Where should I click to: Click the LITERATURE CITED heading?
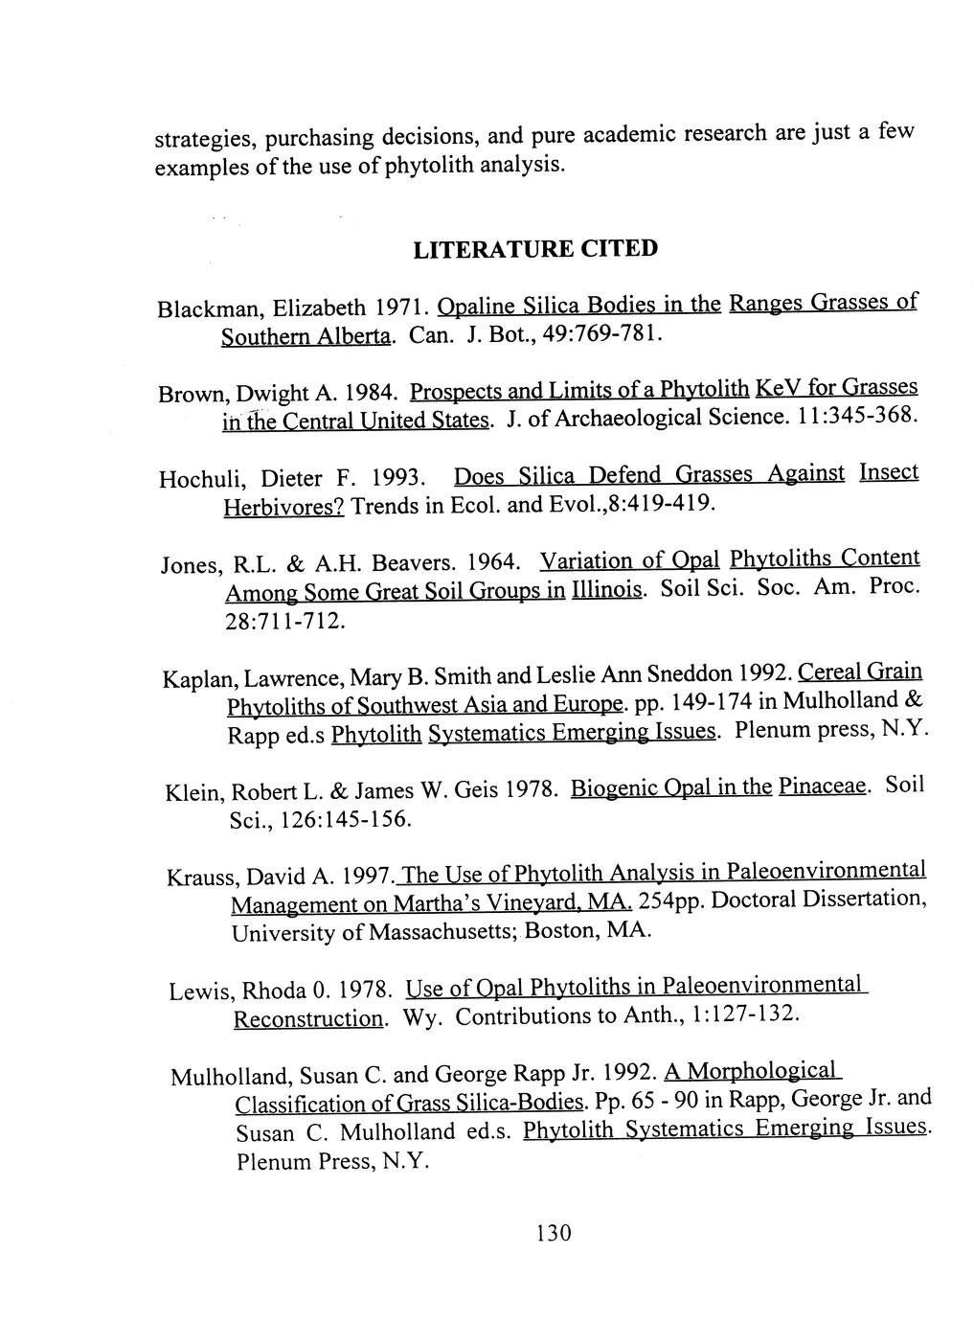tap(534, 249)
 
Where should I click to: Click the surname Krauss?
tap(202, 878)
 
